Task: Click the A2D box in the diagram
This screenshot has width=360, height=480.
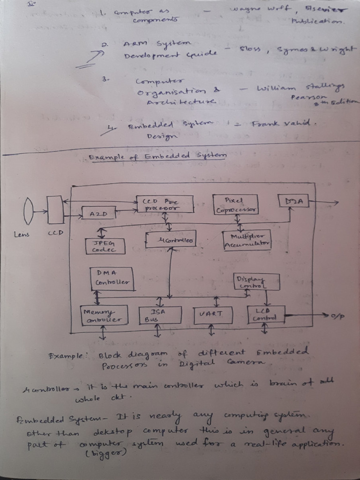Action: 98,213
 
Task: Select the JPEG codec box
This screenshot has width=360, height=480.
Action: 105,246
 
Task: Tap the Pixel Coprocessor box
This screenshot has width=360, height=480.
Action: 235,205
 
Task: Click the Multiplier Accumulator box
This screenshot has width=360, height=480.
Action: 247,240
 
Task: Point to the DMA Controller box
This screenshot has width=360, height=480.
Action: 112,278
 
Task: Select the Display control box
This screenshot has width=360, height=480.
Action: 256,282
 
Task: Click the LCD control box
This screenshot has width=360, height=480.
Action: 265,314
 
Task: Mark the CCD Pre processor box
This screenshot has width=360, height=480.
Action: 165,204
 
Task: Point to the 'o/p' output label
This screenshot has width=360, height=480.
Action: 337,316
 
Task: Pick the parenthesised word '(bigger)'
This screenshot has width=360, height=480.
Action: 101,454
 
